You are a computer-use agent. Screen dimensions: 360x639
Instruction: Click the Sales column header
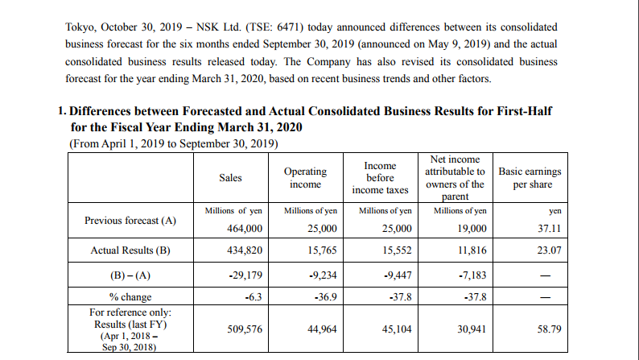click(230, 178)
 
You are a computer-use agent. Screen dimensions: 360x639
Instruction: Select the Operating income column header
click(306, 178)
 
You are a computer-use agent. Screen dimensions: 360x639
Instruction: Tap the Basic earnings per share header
click(530, 178)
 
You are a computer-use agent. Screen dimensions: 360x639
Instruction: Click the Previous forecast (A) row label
click(126, 219)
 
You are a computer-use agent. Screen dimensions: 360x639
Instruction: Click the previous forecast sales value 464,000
click(246, 229)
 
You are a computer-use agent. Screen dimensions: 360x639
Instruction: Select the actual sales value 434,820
click(246, 250)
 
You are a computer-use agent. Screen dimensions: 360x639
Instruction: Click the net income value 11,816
click(471, 250)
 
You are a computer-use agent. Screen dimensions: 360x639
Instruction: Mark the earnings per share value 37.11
click(548, 229)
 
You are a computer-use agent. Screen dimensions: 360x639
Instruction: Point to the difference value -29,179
click(245, 275)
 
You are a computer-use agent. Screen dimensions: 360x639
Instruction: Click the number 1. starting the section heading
click(64, 110)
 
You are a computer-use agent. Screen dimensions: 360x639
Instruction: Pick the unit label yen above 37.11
click(554, 210)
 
